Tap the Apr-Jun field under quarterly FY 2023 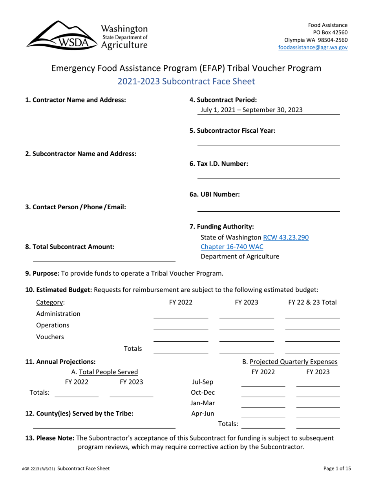(318, 413)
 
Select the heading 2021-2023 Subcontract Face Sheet (186, 82)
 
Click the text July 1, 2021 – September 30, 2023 (251, 110)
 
